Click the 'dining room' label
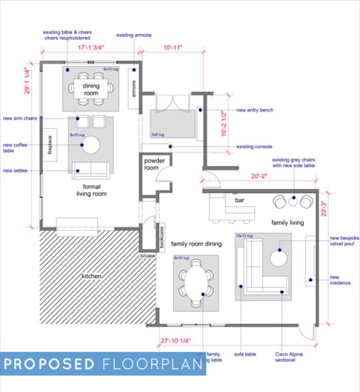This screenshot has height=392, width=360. click(x=91, y=89)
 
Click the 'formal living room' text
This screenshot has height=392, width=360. click(x=91, y=190)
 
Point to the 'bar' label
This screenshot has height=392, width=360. click(x=240, y=201)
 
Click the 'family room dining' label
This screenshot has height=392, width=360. click(x=197, y=244)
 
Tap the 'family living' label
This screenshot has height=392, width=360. click(x=287, y=223)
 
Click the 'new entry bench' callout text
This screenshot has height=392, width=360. click(x=255, y=110)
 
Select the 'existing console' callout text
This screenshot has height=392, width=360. click(x=254, y=148)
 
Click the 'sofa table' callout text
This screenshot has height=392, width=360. click(x=245, y=354)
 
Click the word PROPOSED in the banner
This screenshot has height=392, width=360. click(x=49, y=364)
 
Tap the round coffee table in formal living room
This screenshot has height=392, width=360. click(x=91, y=145)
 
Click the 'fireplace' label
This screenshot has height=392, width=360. click(x=51, y=146)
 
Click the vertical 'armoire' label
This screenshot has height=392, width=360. click(x=133, y=88)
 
